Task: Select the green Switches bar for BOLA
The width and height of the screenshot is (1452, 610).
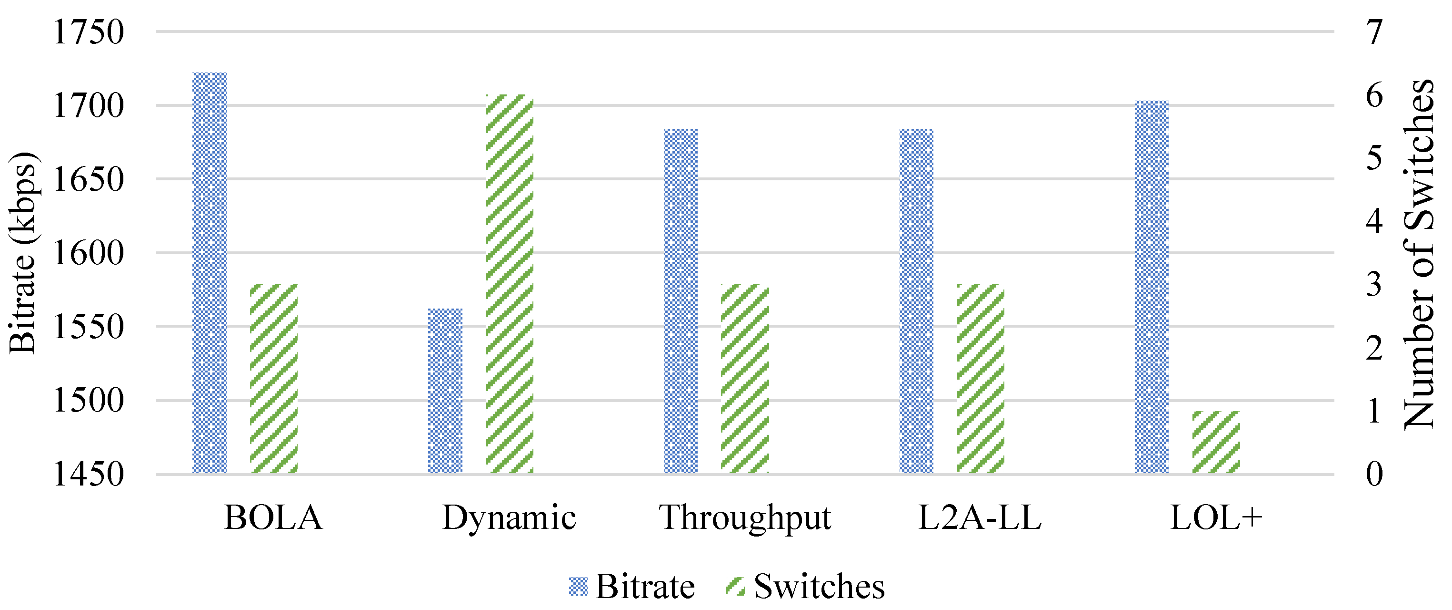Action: [x=274, y=379]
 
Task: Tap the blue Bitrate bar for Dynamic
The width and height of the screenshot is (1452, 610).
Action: [x=445, y=391]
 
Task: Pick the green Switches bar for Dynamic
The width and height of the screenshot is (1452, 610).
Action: [x=510, y=284]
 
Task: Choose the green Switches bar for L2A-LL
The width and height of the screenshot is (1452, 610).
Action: [x=981, y=379]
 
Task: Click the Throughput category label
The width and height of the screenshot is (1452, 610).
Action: [x=745, y=517]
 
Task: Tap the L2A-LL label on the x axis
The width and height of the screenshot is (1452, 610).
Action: [x=980, y=517]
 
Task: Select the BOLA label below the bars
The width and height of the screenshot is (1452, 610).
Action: [x=274, y=517]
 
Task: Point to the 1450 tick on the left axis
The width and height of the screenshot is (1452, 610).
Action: [x=88, y=474]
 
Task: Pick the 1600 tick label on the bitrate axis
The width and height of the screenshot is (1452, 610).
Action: [x=88, y=253]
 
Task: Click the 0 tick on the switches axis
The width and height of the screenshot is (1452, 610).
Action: [x=1375, y=474]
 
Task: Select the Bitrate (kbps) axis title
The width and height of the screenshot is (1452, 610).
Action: [x=22, y=253]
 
